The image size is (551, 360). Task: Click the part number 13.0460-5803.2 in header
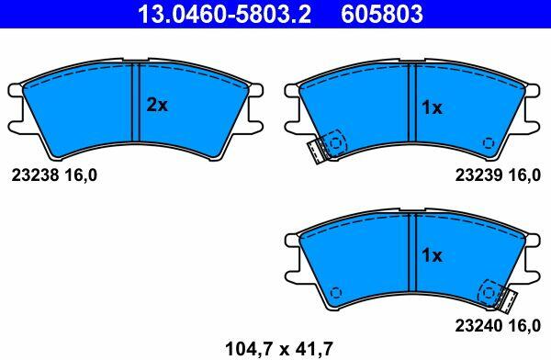[x=224, y=14]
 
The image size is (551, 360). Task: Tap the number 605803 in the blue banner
[x=382, y=14]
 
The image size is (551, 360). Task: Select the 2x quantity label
[x=157, y=105]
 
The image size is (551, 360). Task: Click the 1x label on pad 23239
[x=432, y=107]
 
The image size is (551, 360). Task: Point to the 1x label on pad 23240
[x=432, y=255]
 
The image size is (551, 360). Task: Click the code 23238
[x=35, y=174]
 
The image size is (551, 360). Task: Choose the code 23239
[x=479, y=174]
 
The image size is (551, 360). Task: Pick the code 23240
[x=479, y=325]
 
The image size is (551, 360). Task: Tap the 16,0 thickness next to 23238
[x=81, y=175]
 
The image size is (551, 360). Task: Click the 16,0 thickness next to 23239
[x=524, y=175]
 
